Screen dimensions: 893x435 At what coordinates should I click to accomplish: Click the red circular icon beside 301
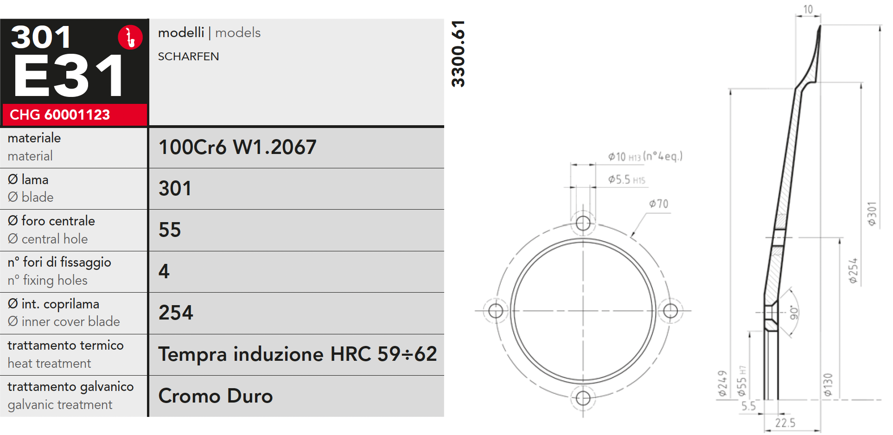pos(130,37)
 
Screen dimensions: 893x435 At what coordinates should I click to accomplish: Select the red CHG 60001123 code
pos(60,115)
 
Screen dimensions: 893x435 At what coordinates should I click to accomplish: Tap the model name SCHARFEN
pos(188,57)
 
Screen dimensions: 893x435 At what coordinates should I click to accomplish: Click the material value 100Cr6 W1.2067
pos(237,147)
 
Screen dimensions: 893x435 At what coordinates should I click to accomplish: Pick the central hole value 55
pos(170,230)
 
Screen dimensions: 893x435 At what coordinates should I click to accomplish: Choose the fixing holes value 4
pos(164,271)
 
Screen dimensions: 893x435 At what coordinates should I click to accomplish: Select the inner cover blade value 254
pos(176,313)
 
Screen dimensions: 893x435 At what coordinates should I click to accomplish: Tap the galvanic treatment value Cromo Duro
pos(216,396)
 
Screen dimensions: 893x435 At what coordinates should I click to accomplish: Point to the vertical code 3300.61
pos(458,54)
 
